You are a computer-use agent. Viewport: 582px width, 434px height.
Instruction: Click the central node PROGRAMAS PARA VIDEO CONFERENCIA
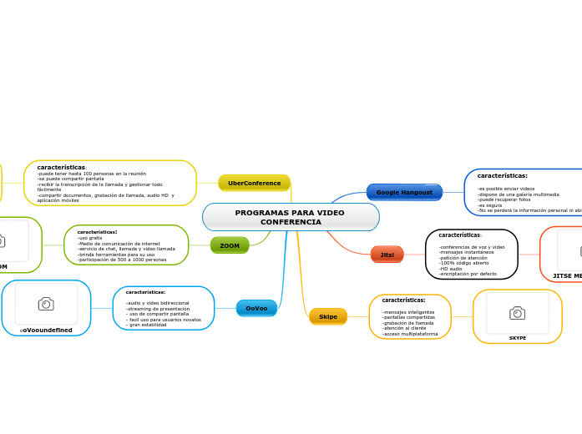[290, 217]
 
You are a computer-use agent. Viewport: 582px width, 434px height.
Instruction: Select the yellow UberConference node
[254, 183]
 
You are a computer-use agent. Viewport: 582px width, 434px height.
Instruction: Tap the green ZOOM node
[230, 245]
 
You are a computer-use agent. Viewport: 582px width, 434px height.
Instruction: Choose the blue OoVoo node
[256, 308]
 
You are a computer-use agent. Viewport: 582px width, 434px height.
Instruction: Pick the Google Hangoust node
[404, 192]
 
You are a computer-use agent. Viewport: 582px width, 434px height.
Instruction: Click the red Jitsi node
[387, 255]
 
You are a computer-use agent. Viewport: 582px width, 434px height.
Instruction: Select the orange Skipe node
[328, 316]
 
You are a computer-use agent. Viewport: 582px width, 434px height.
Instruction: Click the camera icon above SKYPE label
[518, 313]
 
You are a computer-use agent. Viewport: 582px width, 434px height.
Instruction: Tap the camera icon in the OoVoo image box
[46, 304]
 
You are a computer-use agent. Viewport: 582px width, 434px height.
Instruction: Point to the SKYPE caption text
[518, 338]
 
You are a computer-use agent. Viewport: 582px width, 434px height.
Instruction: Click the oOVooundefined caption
[46, 331]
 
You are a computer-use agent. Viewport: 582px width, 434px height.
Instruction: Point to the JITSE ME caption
[567, 275]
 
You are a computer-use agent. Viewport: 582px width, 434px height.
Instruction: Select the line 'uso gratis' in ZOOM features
[90, 238]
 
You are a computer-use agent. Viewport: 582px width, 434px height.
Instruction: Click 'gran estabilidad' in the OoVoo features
[147, 325]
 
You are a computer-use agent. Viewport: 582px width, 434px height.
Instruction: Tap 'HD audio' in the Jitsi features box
[451, 268]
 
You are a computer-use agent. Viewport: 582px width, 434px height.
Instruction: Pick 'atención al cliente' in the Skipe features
[404, 328]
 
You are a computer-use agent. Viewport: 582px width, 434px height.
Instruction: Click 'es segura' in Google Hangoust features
[490, 205]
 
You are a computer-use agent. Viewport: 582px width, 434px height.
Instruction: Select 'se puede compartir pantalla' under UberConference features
[71, 179]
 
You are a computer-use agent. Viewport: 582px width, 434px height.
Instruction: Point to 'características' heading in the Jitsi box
[459, 235]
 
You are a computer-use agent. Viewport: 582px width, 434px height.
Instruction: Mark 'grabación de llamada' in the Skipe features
[408, 322]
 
